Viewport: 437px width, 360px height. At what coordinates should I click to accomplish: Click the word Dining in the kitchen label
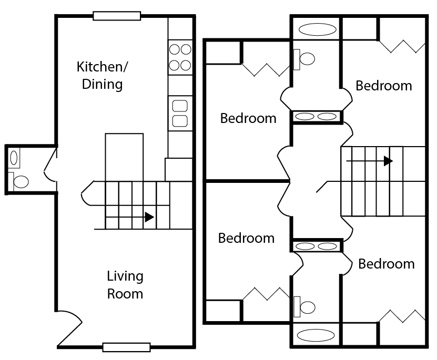pos(103,85)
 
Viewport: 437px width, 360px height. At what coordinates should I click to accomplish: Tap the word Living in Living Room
pos(125,276)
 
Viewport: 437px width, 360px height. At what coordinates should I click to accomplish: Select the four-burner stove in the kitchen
pos(180,57)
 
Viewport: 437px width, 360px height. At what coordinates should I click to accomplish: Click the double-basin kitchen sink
pos(180,114)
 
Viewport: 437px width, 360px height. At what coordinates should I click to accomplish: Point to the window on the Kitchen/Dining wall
pos(117,16)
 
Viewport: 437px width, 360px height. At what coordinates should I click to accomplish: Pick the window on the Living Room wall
pos(127,347)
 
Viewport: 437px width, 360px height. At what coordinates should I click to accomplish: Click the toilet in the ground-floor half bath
pos(18,181)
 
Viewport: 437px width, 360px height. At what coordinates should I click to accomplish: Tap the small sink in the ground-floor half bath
pos(14,158)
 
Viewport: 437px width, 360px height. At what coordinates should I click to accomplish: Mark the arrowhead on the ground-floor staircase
pos(149,217)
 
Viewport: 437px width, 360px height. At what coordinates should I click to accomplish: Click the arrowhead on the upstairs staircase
pos(388,161)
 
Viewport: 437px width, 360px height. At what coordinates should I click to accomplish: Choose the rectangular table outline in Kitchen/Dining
pos(124,158)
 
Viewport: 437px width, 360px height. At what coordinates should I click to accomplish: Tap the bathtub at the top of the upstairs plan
pos(318,29)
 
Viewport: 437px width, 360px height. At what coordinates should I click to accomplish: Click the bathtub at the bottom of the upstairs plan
pos(316,335)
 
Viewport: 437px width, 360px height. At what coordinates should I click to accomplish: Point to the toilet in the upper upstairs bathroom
pos(304,59)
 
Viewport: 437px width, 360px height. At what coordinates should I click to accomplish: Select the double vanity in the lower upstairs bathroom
pos(317,246)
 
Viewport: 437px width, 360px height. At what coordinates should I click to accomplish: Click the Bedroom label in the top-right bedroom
pos(384,86)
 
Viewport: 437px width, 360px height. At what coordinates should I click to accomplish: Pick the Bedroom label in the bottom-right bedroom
pos(387,264)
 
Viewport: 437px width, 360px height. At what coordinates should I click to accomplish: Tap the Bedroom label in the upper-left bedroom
pos(248,118)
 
